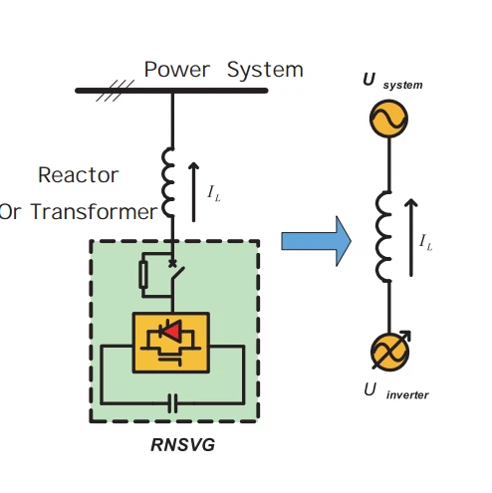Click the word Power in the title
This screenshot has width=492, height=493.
click(177, 70)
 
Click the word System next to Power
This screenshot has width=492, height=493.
click(265, 71)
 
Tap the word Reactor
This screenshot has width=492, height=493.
click(79, 175)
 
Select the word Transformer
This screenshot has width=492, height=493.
click(94, 211)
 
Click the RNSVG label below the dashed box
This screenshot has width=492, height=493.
click(182, 445)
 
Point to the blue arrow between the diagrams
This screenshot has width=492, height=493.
click(316, 241)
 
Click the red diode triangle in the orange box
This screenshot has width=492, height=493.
click(173, 331)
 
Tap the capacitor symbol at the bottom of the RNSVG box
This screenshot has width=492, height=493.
click(172, 403)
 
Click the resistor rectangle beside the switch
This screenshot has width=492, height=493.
click(143, 275)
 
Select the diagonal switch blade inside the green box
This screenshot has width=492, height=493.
click(178, 274)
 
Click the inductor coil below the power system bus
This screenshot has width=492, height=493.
click(168, 182)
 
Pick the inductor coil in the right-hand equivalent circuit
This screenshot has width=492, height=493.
click(383, 236)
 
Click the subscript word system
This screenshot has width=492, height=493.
click(402, 85)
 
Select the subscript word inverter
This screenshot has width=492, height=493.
click(407, 394)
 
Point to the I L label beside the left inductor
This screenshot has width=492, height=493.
click(214, 193)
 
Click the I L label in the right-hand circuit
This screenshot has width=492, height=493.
click(425, 242)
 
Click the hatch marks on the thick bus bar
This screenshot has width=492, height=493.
click(115, 91)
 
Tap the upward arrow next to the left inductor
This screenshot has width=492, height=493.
click(193, 192)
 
